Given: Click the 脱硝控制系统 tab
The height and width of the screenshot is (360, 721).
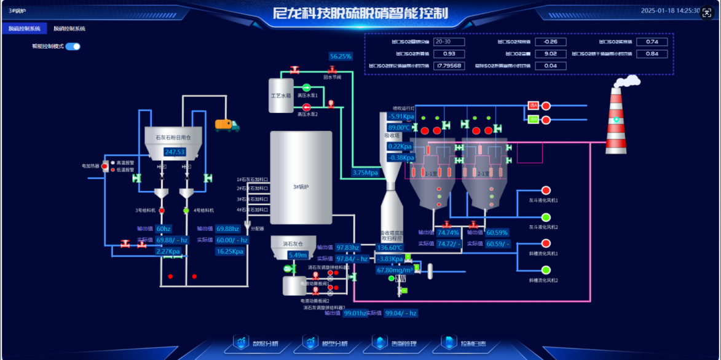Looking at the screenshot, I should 69,29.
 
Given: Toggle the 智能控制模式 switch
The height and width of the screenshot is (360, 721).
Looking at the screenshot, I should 73,46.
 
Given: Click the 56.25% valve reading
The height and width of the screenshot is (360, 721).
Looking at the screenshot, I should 341,57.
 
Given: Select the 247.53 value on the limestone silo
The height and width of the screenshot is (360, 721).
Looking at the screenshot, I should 175,152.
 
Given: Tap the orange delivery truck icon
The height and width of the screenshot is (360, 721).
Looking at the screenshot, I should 227,125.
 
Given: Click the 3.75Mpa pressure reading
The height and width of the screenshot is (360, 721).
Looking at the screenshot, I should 365,173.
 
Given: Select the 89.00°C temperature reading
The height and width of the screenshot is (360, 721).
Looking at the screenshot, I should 400,128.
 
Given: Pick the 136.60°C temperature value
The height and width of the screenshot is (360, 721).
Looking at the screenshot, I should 390,248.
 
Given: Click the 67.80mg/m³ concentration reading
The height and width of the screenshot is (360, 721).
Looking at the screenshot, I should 395,270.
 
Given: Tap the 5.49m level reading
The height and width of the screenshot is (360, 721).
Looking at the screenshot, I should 297,255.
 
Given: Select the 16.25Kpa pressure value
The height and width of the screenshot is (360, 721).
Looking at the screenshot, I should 230,251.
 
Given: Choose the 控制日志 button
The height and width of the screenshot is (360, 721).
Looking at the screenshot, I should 465,343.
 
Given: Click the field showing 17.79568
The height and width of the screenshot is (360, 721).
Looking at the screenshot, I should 449,66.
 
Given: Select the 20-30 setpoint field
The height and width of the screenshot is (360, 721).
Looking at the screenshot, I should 449,42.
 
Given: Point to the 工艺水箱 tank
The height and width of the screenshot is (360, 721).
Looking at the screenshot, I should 281,96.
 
